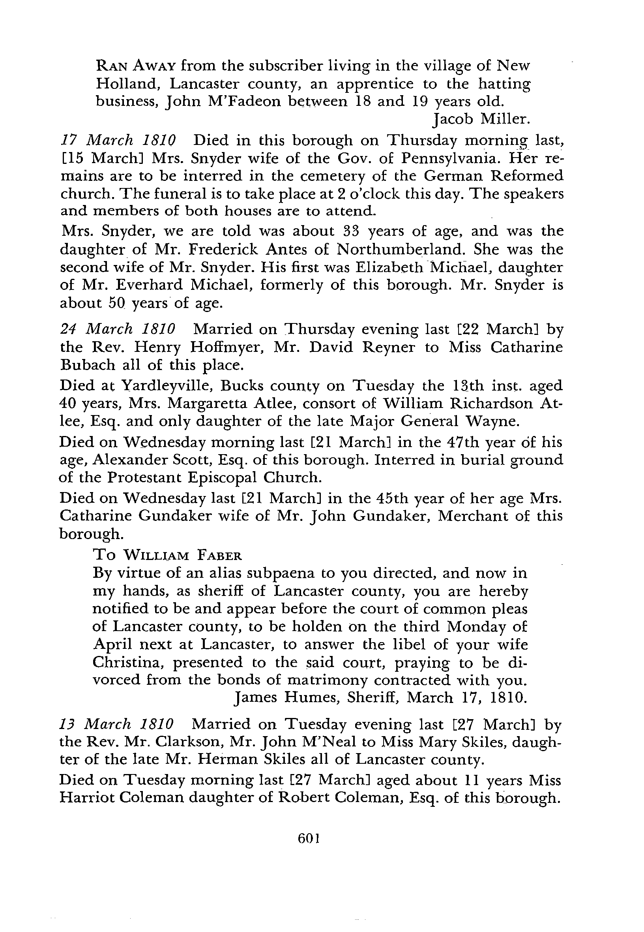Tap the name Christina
coord(127,662)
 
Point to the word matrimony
coord(327,680)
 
